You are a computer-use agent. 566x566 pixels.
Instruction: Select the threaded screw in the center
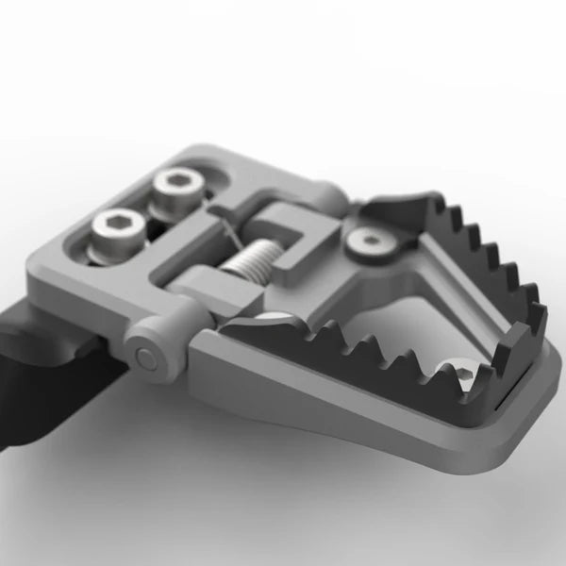pos(249,258)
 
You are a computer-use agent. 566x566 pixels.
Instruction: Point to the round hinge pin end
pos(145,358)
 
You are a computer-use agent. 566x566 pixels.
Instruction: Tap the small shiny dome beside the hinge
pos(275,318)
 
